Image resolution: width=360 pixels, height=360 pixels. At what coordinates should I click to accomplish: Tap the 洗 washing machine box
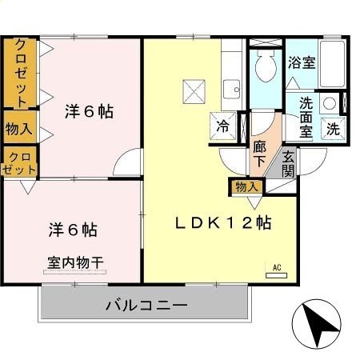pyautogui.click(x=331, y=127)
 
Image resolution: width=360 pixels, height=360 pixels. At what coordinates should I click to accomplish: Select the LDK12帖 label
pyautogui.click(x=222, y=224)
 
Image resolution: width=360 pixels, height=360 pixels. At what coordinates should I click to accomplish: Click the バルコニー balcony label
pyautogui.click(x=146, y=306)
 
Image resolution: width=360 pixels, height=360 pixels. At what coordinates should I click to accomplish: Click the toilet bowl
pyautogui.click(x=262, y=68)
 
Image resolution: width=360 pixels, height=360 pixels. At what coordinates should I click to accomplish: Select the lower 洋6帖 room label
pyautogui.click(x=71, y=230)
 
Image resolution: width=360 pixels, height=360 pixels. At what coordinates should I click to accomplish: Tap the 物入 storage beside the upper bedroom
pyautogui.click(x=18, y=128)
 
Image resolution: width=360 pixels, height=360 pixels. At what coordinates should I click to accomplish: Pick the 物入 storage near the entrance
pyautogui.click(x=247, y=186)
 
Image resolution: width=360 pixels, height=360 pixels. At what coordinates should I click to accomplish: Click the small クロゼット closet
pyautogui.click(x=19, y=162)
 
